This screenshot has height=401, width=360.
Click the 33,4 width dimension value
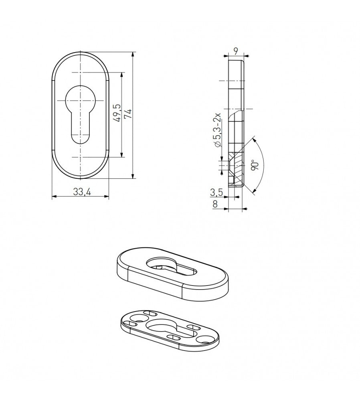point(82,192)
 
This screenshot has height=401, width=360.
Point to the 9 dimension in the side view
point(236,51)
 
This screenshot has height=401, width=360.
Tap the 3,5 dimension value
point(216,192)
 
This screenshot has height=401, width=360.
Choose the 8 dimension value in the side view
point(215,204)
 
